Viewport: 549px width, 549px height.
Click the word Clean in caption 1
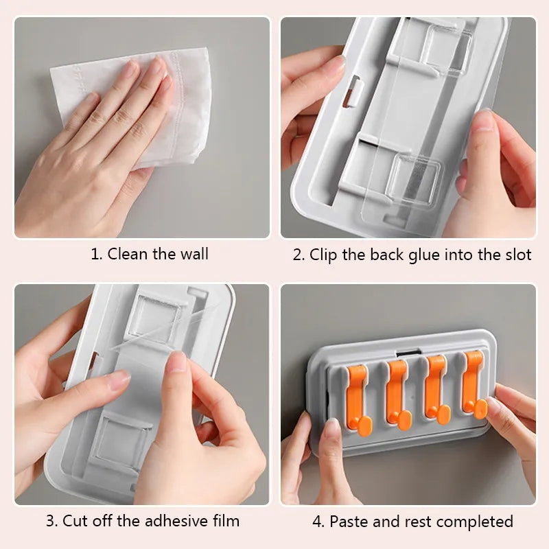click(x=128, y=254)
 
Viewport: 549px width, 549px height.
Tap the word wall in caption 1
click(x=194, y=254)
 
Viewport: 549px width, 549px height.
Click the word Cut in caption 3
click(x=75, y=521)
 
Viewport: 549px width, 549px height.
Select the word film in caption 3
click(x=226, y=521)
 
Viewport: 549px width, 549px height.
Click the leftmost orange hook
click(x=358, y=400)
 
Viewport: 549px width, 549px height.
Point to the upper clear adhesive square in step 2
click(x=447, y=49)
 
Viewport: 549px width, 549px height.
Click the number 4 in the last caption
click(x=318, y=522)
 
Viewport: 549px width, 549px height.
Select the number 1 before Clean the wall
click(x=95, y=254)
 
